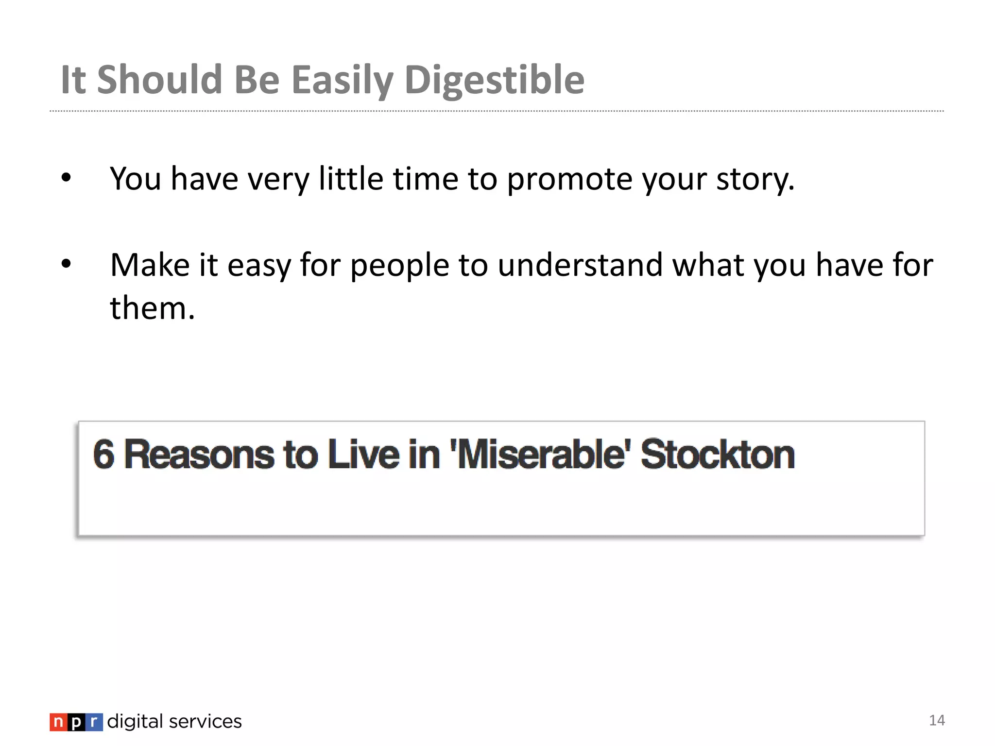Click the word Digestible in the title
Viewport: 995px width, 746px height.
point(494,80)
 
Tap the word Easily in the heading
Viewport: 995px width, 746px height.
point(342,80)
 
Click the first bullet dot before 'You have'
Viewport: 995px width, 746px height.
point(67,178)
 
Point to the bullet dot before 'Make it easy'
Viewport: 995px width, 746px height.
point(67,264)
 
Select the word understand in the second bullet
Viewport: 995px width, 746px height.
point(580,265)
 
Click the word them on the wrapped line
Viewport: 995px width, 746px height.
point(152,308)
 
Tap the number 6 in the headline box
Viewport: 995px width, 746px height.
point(103,455)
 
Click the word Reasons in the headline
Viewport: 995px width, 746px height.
point(199,455)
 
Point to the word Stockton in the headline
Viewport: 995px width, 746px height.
point(717,455)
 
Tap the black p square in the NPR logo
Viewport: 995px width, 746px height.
point(76,722)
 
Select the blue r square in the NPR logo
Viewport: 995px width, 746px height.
point(94,722)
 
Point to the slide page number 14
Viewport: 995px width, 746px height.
point(937,720)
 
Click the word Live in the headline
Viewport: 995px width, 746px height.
point(364,455)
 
